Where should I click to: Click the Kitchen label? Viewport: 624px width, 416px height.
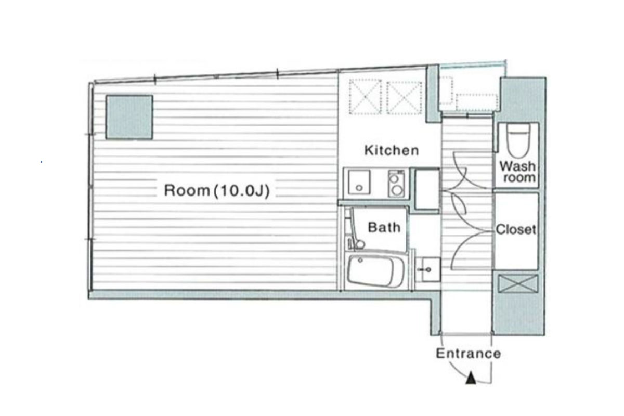[392, 150]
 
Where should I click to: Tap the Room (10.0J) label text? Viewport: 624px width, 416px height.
[217, 191]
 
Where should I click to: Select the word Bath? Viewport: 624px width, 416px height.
[384, 227]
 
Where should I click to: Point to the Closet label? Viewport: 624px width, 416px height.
[516, 230]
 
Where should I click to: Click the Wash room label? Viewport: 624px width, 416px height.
[517, 172]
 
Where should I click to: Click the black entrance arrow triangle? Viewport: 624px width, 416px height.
[471, 379]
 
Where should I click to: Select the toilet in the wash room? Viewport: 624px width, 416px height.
[518, 141]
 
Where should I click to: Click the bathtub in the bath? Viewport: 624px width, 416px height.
[375, 271]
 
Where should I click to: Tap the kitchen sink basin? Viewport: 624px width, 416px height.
[359, 182]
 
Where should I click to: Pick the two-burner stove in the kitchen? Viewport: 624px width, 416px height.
[396, 184]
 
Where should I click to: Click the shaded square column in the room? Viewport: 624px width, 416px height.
[129, 117]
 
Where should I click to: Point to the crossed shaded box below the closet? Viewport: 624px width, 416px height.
[518, 283]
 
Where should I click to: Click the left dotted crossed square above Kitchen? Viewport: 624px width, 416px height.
[365, 97]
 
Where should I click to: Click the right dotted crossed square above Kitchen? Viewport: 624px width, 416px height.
[404, 98]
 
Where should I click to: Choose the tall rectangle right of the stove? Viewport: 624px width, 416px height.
[427, 189]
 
